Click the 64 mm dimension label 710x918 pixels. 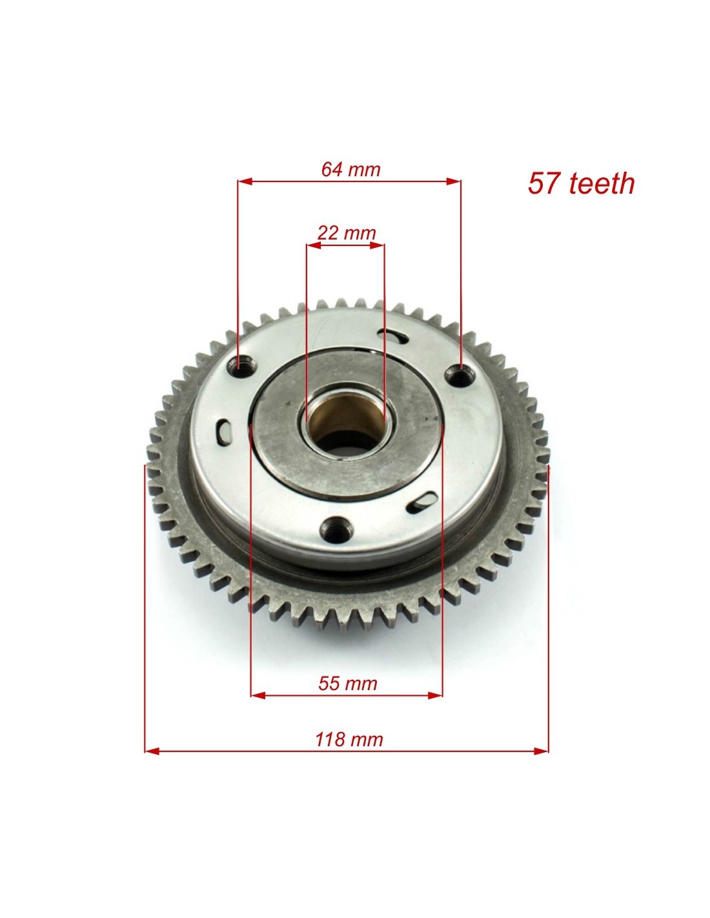click(350, 169)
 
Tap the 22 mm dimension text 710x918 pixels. click(346, 232)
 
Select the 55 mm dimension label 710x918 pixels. click(348, 684)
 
